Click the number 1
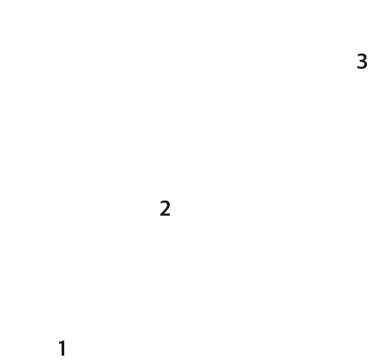click(62, 348)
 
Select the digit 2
click(165, 209)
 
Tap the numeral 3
click(362, 62)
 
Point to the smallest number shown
click(62, 348)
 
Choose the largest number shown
click(362, 62)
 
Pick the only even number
click(165, 209)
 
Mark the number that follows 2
click(362, 62)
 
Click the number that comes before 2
click(62, 348)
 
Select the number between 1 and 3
click(165, 209)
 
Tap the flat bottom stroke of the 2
click(165, 215)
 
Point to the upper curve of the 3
click(363, 57)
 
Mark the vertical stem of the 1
click(63, 349)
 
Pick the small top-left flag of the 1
click(60, 344)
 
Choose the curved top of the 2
click(165, 203)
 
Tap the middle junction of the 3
click(362, 61)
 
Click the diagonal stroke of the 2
click(165, 209)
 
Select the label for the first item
click(62, 348)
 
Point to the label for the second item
click(165, 209)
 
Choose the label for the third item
click(362, 62)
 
